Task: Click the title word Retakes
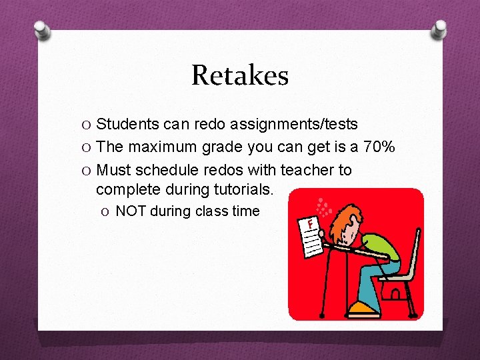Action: click(240, 75)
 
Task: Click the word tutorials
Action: click(243, 189)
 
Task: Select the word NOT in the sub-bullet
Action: click(131, 212)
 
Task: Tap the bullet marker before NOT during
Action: click(107, 212)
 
